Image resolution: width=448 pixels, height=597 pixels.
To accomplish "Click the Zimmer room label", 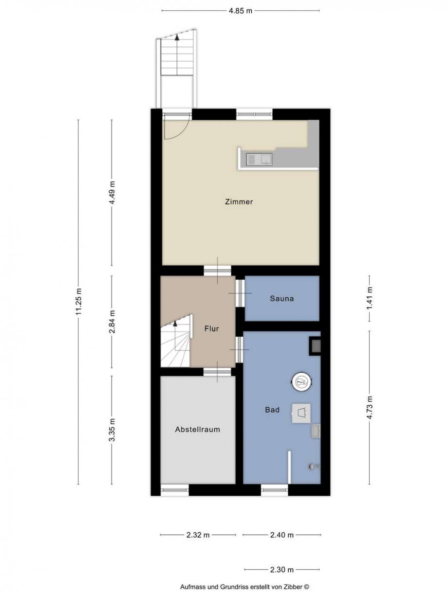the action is click(x=239, y=202).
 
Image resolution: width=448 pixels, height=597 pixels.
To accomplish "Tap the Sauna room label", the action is click(x=281, y=299).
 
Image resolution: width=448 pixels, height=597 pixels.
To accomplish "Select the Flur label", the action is click(x=211, y=329).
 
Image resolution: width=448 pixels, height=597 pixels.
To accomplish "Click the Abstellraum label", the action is click(x=197, y=430).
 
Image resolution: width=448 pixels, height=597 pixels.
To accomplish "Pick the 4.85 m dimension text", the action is click(x=241, y=11).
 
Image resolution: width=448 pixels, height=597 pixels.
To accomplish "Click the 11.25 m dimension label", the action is click(x=79, y=302).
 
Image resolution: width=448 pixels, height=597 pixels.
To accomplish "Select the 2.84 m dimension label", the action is click(x=112, y=321).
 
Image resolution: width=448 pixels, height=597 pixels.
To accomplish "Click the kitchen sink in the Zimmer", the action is click(x=259, y=160).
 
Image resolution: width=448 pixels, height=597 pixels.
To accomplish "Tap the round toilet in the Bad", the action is click(x=301, y=382).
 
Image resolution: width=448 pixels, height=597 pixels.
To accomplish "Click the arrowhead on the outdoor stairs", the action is click(x=177, y=37).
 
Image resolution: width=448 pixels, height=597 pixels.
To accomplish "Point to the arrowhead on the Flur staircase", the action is click(x=175, y=324).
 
